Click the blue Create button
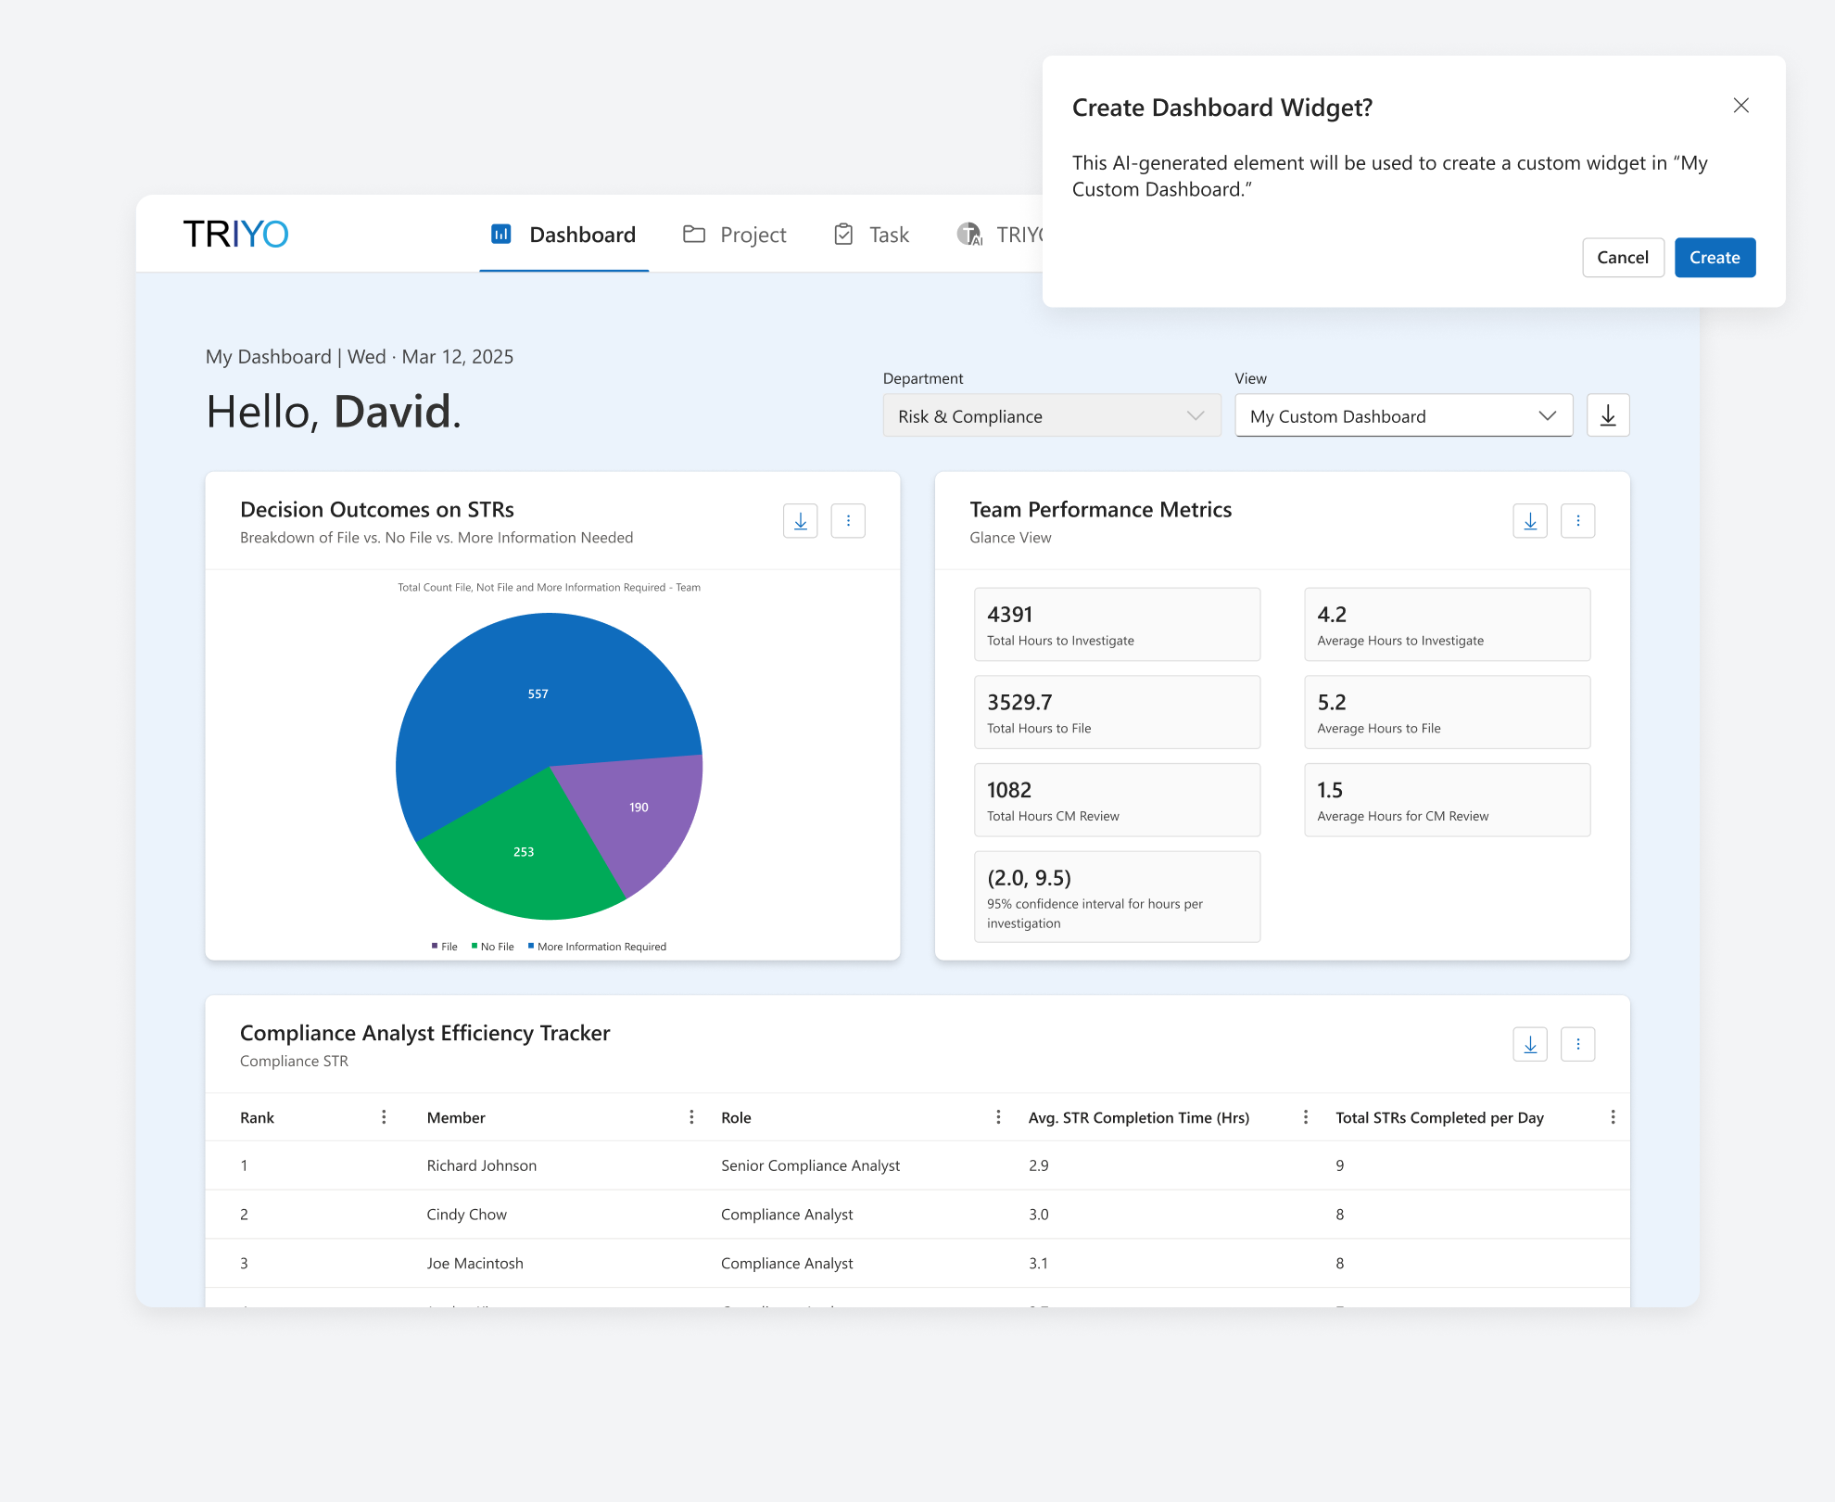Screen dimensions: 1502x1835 click(x=1715, y=258)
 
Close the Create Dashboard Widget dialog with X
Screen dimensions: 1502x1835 click(x=1740, y=106)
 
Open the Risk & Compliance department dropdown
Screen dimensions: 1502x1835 click(x=1051, y=416)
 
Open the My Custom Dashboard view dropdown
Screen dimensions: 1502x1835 click(x=1403, y=416)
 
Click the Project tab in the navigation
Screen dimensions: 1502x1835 click(x=735, y=235)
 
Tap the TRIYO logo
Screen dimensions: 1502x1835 click(x=235, y=235)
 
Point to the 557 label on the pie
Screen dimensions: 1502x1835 click(x=538, y=694)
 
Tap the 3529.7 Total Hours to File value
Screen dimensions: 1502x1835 click(x=1019, y=703)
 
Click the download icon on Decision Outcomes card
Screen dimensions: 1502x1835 click(x=800, y=521)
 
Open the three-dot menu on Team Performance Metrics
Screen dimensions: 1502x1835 click(x=1577, y=521)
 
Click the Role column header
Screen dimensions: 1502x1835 click(x=736, y=1118)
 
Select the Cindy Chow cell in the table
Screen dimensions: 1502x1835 click(x=466, y=1215)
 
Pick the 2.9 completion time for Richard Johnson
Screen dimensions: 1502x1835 click(x=1038, y=1165)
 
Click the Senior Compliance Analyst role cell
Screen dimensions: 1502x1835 click(x=810, y=1165)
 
